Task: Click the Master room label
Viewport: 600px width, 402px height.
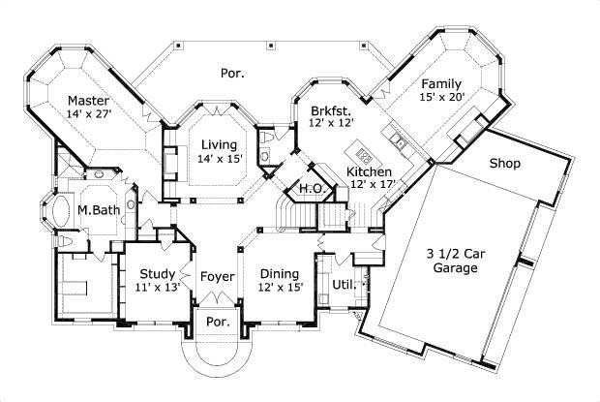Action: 87,100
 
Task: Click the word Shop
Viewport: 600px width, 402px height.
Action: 504,164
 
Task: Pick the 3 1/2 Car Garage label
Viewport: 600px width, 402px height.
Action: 454,261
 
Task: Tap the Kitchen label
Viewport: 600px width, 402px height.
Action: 369,172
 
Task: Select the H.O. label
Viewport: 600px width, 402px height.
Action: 310,188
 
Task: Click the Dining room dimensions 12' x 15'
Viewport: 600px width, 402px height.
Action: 281,287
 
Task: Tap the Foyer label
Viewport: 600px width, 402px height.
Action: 217,277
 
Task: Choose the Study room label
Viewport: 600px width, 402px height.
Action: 157,273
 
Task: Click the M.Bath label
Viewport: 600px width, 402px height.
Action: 98,211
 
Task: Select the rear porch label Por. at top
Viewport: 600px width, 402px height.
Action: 231,72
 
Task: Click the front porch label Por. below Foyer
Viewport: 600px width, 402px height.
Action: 217,323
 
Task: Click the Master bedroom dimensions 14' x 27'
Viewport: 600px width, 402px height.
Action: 87,113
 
